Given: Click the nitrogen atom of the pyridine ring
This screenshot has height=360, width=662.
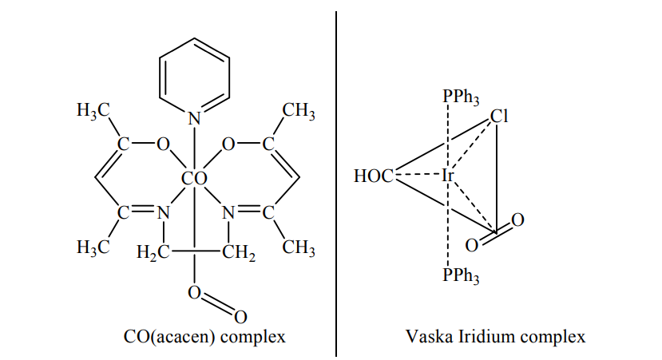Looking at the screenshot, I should [x=194, y=119].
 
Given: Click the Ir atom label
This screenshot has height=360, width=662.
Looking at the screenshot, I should [x=449, y=175].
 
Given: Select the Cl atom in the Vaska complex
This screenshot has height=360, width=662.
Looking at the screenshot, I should [x=499, y=117].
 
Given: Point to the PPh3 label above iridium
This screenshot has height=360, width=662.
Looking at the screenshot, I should [x=461, y=98].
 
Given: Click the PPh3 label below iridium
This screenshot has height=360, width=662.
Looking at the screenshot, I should [x=461, y=277].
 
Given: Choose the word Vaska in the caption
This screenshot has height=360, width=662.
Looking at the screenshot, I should [x=426, y=336].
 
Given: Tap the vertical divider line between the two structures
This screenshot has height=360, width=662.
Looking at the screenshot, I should [x=335, y=184].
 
